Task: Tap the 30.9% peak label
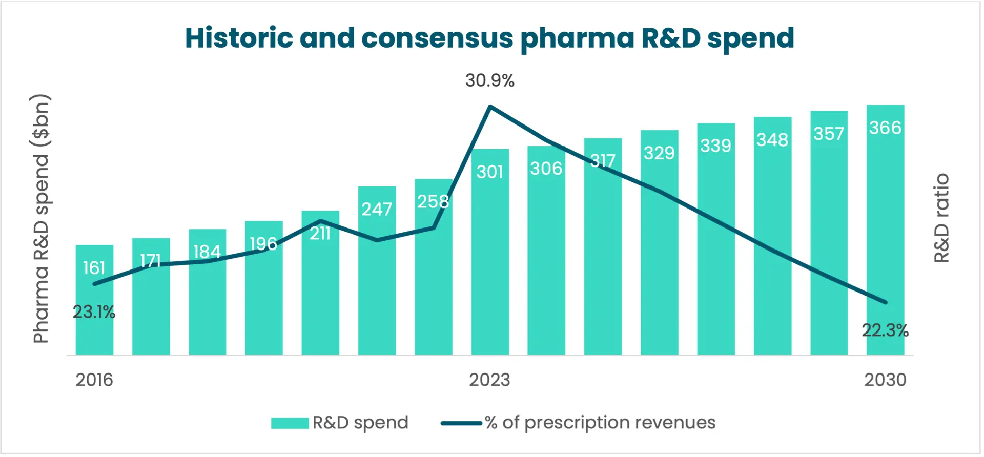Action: tap(489, 80)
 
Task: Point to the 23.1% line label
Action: tap(94, 312)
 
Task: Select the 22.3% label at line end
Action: tap(885, 330)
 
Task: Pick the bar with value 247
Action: tap(377, 277)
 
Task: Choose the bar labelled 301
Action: tap(490, 256)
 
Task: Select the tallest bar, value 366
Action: tap(885, 231)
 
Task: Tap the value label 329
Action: tap(659, 153)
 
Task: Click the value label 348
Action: tap(772, 140)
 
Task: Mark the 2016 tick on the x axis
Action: tap(94, 380)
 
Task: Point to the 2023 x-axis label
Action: tap(489, 380)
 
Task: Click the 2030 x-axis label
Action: tap(885, 380)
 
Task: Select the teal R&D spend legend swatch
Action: tap(290, 423)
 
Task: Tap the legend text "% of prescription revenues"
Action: tap(600, 423)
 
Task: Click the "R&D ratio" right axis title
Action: tap(941, 218)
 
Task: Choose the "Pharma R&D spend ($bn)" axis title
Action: tap(41, 219)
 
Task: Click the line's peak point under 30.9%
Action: tap(490, 107)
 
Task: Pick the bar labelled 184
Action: tap(207, 297)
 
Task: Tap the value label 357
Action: tap(829, 134)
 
